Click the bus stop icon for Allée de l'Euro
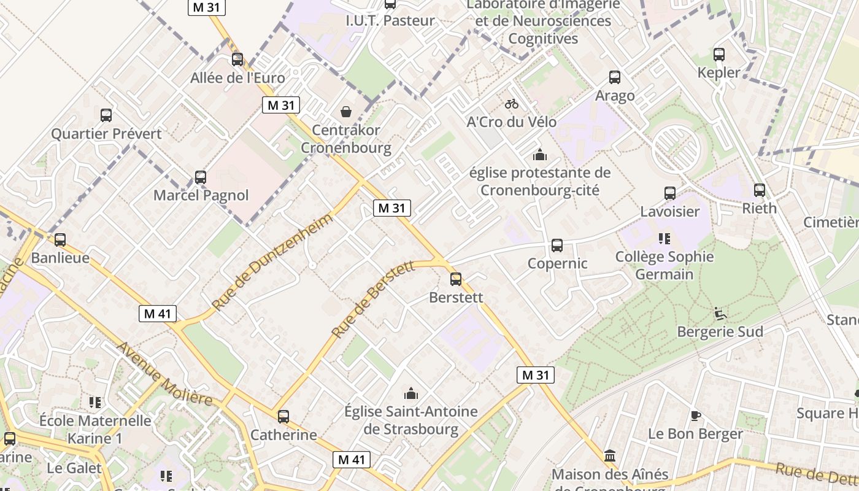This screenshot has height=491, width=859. [237, 60]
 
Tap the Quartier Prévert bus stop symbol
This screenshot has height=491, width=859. [106, 115]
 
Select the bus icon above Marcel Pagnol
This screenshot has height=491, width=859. [201, 177]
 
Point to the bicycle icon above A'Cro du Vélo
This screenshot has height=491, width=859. [512, 104]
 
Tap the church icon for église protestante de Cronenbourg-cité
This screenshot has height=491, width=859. [540, 154]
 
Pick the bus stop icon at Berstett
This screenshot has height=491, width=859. [456, 279]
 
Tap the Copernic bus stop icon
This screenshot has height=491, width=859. [557, 245]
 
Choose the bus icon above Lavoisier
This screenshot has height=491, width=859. [670, 193]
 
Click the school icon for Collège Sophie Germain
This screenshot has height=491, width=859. [664, 238]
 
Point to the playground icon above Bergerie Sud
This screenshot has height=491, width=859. [720, 314]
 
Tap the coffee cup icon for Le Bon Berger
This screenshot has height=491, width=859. [695, 416]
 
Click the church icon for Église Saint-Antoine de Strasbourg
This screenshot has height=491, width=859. [411, 393]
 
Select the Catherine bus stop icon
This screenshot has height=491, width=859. [283, 417]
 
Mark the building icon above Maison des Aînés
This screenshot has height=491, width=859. [610, 456]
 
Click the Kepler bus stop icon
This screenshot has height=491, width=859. [719, 55]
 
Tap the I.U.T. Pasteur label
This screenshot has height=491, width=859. [390, 20]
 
